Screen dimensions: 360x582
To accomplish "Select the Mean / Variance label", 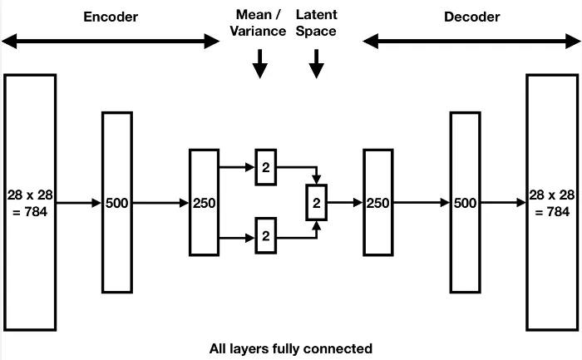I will click(259, 23).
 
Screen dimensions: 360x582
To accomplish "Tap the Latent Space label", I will click(316, 23).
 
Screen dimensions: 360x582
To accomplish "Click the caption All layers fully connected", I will click(291, 348).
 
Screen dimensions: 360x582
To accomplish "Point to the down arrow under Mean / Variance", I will click(259, 64).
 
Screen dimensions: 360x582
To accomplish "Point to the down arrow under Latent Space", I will click(316, 64).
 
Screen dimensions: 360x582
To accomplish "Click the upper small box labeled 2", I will click(266, 167).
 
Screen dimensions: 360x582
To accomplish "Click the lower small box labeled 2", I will click(266, 236).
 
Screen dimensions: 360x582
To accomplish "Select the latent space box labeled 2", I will click(316, 202).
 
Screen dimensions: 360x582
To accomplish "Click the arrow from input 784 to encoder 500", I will click(79, 202).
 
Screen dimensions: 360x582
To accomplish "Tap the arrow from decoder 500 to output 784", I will click(503, 202).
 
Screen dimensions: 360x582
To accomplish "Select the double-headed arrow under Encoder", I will click(110, 41).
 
